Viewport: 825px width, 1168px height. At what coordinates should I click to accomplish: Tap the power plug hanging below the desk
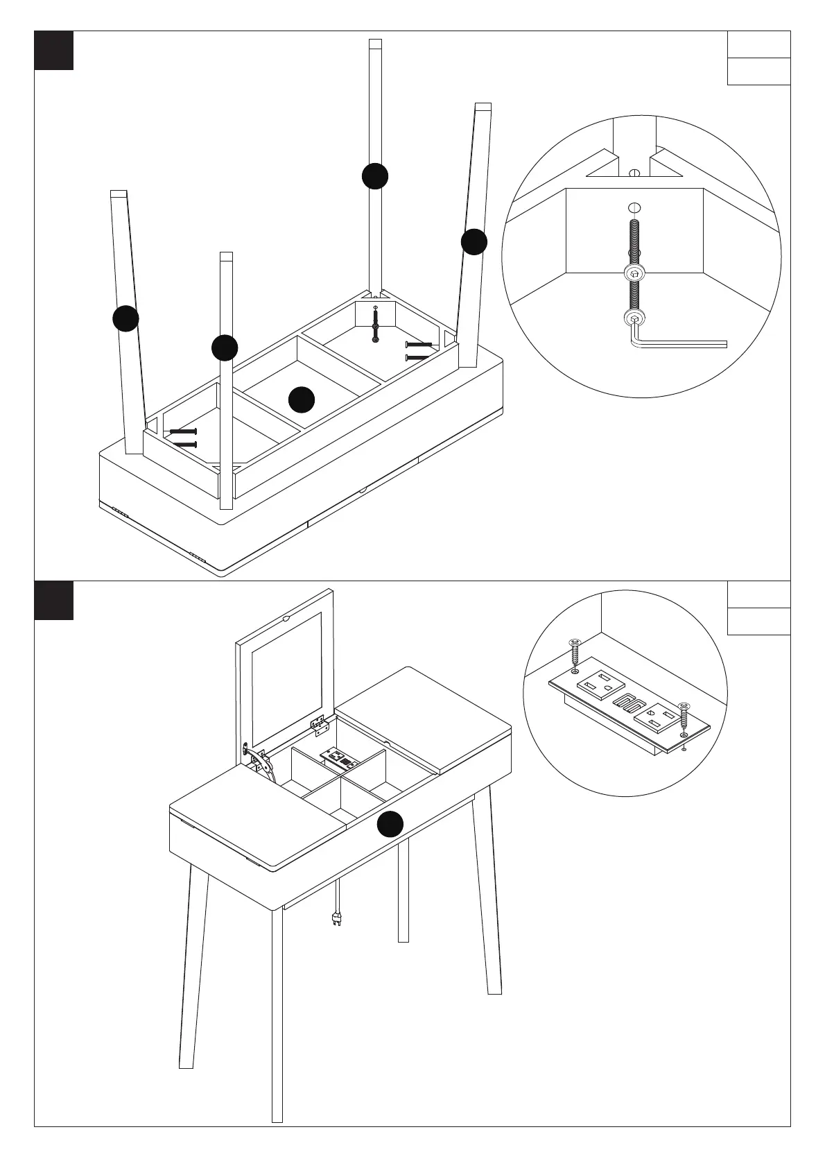pyautogui.click(x=338, y=917)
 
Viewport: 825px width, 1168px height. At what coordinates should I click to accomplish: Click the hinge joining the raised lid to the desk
pyautogui.click(x=320, y=725)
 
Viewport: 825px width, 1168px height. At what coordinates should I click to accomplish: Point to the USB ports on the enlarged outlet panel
pyautogui.click(x=628, y=704)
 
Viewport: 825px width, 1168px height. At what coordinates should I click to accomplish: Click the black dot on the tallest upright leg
pyautogui.click(x=375, y=176)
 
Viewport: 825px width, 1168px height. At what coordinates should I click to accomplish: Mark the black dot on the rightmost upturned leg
pyautogui.click(x=474, y=241)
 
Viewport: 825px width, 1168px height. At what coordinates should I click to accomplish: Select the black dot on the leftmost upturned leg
pyautogui.click(x=125, y=318)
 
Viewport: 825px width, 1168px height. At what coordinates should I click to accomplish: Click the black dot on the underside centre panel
pyautogui.click(x=302, y=400)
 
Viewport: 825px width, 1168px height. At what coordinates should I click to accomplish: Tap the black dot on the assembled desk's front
pyautogui.click(x=390, y=823)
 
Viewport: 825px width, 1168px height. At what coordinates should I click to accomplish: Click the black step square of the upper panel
pyautogui.click(x=54, y=51)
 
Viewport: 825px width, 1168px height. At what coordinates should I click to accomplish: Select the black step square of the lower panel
pyautogui.click(x=54, y=601)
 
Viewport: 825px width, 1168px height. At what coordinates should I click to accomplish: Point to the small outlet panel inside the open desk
pyautogui.click(x=338, y=757)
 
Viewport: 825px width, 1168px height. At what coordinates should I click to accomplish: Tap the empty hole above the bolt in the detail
pyautogui.click(x=633, y=207)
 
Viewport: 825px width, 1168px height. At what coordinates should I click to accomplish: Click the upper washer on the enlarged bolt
pyautogui.click(x=633, y=273)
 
